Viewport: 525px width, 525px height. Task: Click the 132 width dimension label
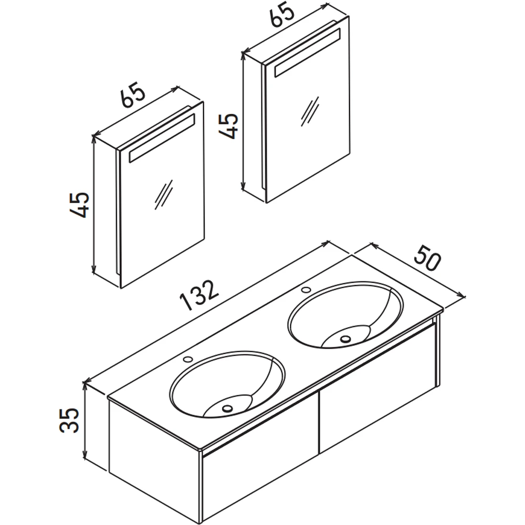click(199, 295)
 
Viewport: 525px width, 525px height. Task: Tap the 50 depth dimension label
click(427, 258)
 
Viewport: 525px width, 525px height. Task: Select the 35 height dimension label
click(69, 420)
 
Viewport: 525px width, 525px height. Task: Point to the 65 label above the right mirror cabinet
click(282, 14)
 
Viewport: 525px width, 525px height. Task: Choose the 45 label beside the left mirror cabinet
click(79, 205)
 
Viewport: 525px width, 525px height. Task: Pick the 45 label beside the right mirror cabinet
click(228, 126)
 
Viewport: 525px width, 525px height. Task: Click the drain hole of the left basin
click(227, 408)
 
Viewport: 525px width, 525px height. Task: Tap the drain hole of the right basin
click(345, 339)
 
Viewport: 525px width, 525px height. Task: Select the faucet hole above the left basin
click(187, 359)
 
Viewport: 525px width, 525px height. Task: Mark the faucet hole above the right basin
click(306, 290)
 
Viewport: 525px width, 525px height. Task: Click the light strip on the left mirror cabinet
click(162, 138)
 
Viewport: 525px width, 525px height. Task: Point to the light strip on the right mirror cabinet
click(307, 52)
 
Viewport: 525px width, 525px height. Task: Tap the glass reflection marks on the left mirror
click(164, 195)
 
